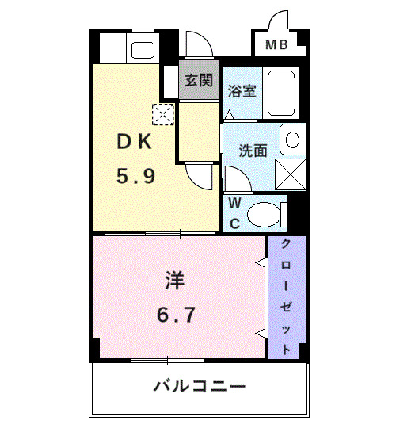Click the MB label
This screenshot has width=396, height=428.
tap(276, 45)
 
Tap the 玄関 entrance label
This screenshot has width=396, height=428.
tap(198, 80)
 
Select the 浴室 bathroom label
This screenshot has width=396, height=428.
tap(242, 90)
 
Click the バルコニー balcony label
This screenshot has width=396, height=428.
tap(199, 388)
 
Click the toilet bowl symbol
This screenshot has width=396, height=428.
tap(264, 213)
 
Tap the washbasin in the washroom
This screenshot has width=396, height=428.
tap(291, 140)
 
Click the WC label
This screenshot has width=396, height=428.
tap(234, 212)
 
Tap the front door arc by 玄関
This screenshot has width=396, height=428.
tap(196, 44)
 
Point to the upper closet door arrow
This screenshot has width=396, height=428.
tap(260, 262)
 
